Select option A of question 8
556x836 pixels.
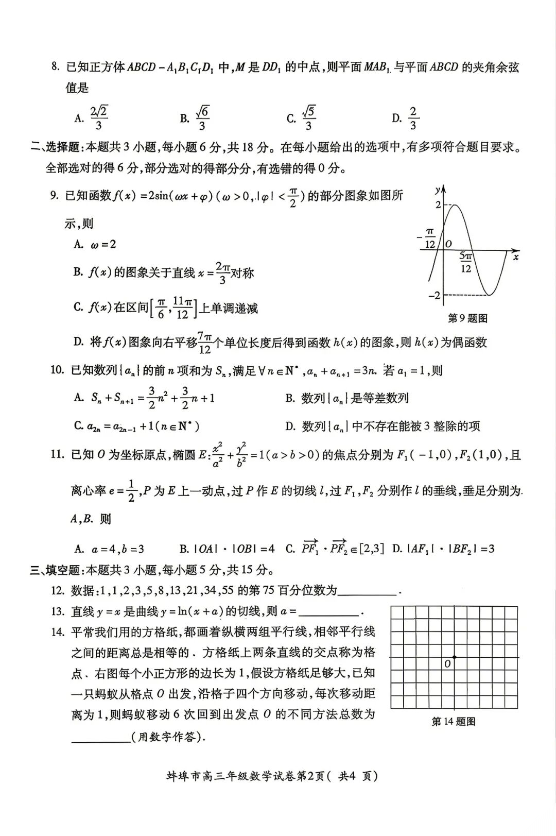[91, 118]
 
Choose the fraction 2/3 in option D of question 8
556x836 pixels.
[412, 118]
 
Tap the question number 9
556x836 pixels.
[55, 195]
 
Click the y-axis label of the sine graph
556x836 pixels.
[438, 190]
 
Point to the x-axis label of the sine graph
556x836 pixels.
[515, 257]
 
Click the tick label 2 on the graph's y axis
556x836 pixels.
[438, 205]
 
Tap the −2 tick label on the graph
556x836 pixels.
[435, 295]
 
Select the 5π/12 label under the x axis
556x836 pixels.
[465, 262]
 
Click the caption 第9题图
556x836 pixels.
[467, 318]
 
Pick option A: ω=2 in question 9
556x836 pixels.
[95, 244]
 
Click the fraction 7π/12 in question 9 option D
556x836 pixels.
[204, 343]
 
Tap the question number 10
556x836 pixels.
[57, 370]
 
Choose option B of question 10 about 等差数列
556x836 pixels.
[347, 398]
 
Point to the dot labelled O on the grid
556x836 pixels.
[454, 657]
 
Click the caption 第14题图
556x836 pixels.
[453, 722]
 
